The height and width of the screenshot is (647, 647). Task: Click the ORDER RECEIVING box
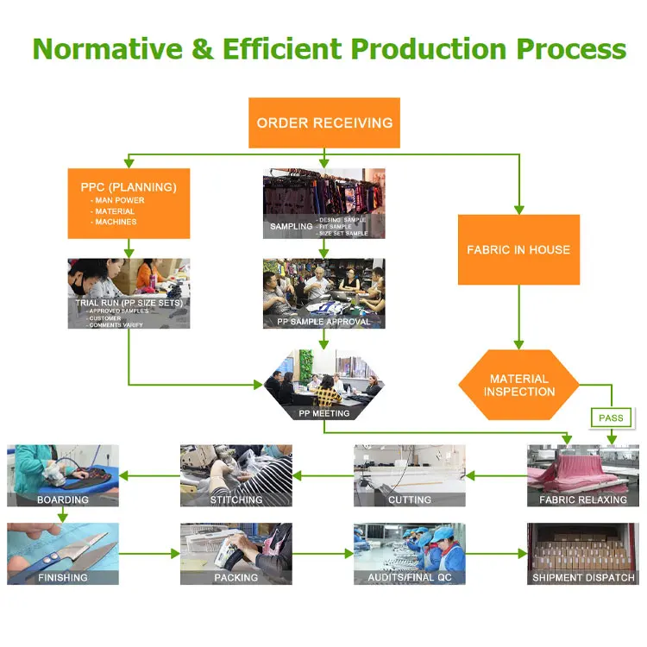(x=324, y=122)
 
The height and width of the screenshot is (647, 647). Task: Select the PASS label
(x=611, y=418)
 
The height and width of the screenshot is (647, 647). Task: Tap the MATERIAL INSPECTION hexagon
(x=518, y=385)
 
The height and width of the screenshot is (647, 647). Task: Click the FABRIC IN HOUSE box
(x=518, y=250)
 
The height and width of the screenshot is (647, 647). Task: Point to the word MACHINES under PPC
(x=116, y=222)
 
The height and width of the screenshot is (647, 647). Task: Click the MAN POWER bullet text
(x=120, y=201)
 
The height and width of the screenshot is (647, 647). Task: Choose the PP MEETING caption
(x=323, y=413)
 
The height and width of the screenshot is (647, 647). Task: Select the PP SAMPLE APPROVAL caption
(x=323, y=322)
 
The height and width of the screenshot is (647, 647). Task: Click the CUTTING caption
(x=410, y=499)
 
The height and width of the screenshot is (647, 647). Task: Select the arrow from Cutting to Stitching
(x=323, y=474)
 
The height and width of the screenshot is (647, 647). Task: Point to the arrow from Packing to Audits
(x=323, y=554)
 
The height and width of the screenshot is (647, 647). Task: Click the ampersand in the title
(x=201, y=48)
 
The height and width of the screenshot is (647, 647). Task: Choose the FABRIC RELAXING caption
(x=583, y=499)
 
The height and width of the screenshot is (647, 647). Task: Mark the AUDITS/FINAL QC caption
(x=410, y=577)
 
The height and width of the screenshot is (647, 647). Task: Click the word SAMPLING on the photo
(x=291, y=226)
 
